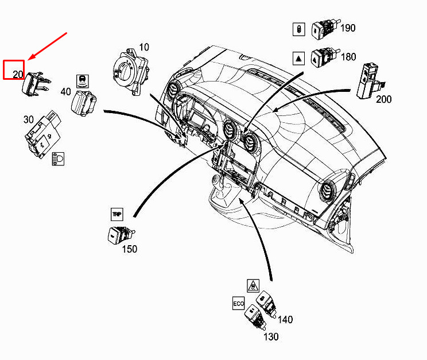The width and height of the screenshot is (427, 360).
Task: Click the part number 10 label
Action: coord(144,47)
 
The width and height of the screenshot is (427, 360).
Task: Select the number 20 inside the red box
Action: coord(18,74)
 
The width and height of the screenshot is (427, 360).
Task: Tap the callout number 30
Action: coord(29,119)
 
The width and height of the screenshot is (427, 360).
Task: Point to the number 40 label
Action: coord(65,91)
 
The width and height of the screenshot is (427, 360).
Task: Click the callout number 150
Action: coord(129,249)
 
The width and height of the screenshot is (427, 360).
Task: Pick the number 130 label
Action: coord(271,337)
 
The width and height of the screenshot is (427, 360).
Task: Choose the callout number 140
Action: coord(285,319)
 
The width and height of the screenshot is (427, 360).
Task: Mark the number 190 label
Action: coord(348,28)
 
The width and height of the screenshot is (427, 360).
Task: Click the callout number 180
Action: coord(348,57)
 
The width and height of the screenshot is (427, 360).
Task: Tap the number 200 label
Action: coord(384,99)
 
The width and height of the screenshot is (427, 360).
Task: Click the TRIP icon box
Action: coord(117,214)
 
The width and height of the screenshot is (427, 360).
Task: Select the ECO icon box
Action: coord(238,303)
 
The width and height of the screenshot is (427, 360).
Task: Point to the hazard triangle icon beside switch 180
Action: coord(298,59)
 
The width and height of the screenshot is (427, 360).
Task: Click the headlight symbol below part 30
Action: coord(58,159)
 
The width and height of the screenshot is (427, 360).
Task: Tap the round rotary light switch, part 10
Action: coord(131,71)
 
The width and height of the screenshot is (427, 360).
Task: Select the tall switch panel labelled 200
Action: coord(370,81)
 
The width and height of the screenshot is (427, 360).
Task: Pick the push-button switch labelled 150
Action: coord(121,234)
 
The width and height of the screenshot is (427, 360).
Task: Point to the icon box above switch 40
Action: coord(83,81)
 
